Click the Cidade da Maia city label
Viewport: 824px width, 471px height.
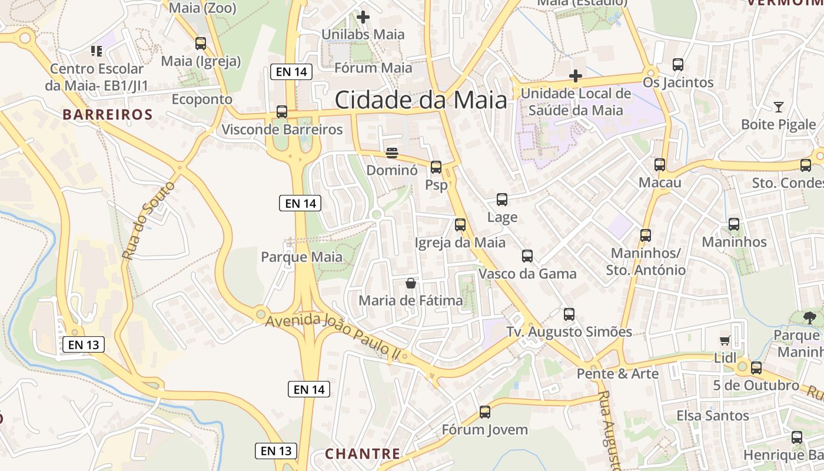420,100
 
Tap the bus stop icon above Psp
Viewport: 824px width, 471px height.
436,167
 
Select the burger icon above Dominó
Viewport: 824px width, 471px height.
392,153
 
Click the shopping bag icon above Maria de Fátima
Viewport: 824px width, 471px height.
411,283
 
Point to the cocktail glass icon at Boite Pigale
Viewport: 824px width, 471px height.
779,107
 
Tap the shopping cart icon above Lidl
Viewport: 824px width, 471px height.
725,340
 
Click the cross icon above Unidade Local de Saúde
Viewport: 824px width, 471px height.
576,76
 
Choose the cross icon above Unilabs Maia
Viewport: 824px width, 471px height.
363,17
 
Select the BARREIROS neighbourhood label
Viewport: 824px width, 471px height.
108,114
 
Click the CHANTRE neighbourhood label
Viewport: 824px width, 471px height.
363,454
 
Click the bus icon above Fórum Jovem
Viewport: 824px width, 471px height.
485,412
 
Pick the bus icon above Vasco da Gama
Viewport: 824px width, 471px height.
527,256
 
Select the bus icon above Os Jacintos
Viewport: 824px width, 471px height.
678,65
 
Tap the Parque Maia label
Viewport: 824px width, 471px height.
301,257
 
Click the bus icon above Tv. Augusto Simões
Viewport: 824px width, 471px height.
569,314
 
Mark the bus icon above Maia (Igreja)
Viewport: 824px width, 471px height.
201,44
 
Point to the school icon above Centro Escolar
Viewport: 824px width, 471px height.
97,51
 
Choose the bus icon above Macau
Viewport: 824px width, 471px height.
660,165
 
